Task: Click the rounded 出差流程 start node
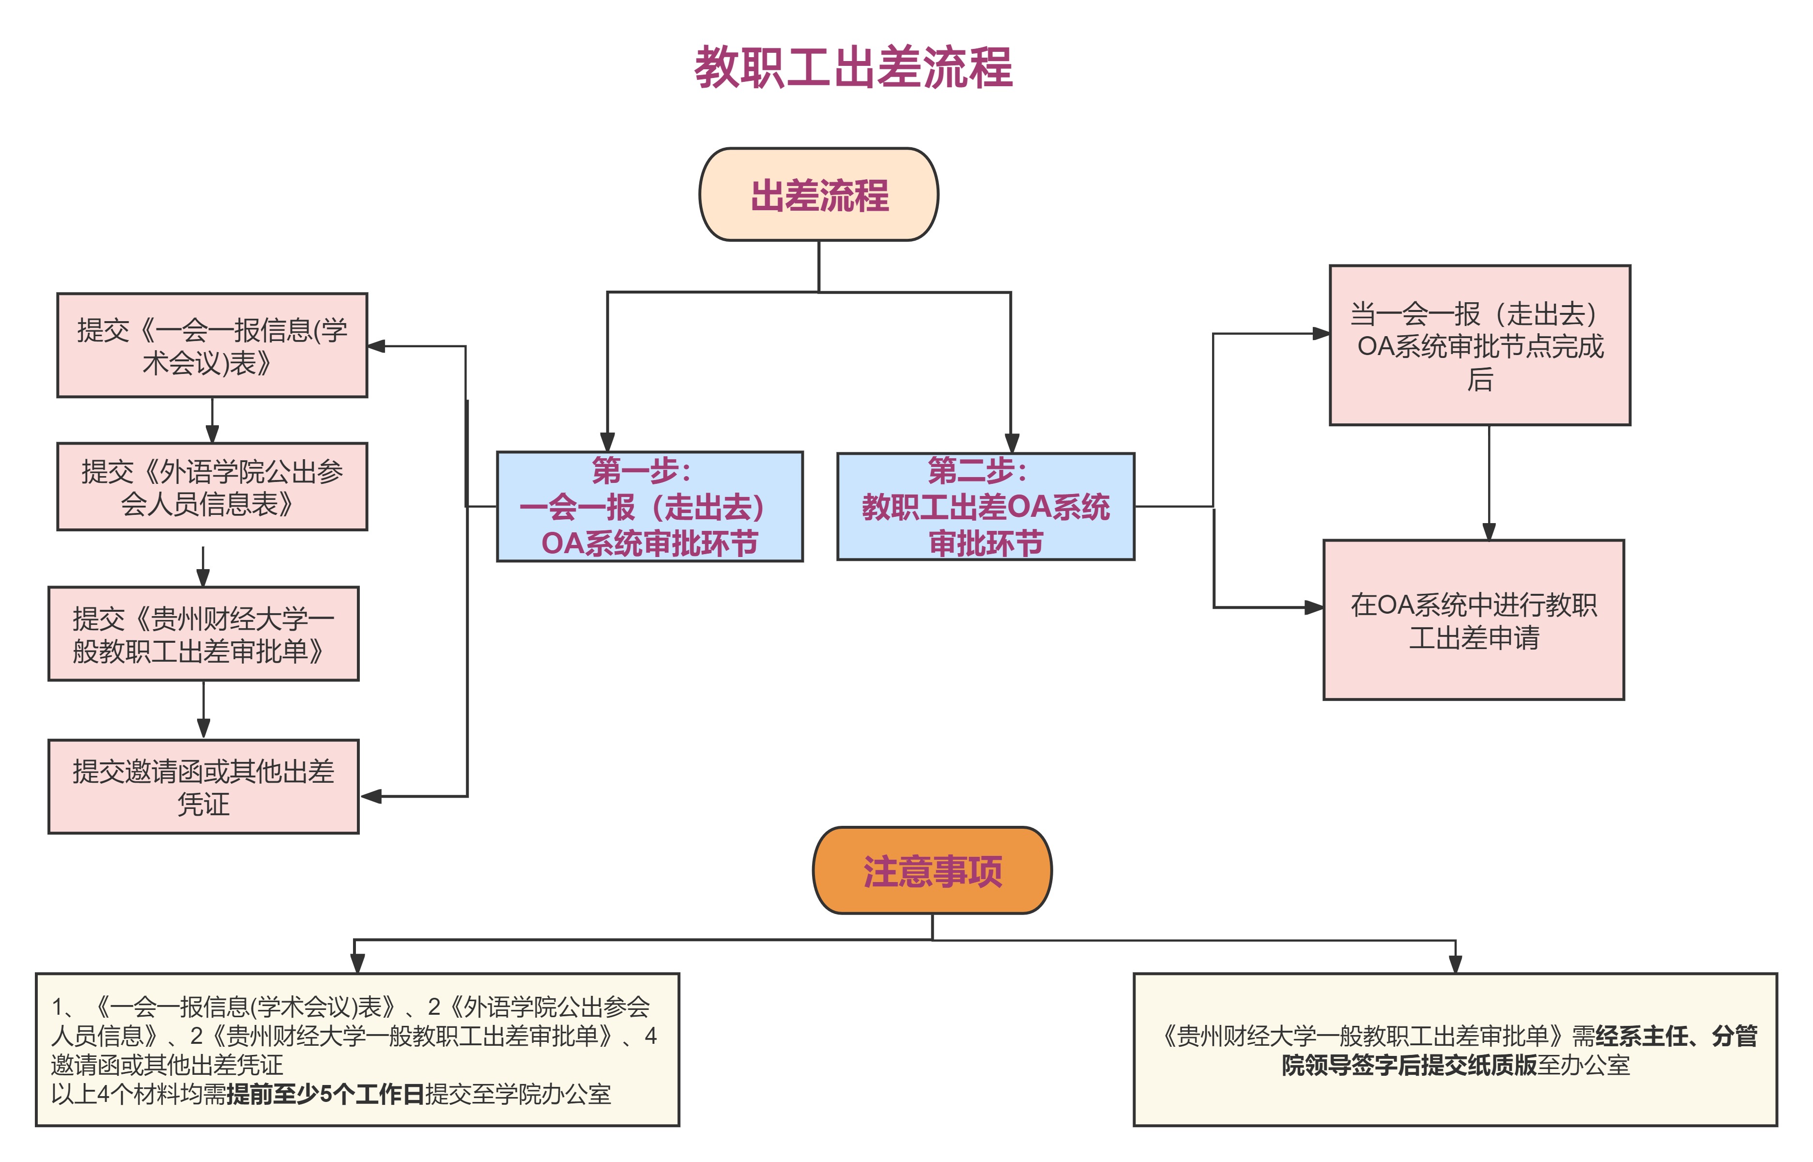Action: point(819,195)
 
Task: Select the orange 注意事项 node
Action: point(932,871)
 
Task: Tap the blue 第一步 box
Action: point(649,506)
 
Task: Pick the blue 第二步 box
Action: point(986,506)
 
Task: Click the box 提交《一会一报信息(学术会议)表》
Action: point(212,345)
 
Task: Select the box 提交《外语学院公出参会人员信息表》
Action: point(212,487)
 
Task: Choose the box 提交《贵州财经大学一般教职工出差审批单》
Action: point(203,634)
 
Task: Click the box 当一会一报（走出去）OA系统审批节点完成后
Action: point(1480,345)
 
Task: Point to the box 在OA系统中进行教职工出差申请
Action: point(1474,620)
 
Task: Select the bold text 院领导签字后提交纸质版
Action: point(1409,1066)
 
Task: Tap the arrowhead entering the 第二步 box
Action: point(1011,443)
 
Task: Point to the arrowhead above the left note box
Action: point(357,963)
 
